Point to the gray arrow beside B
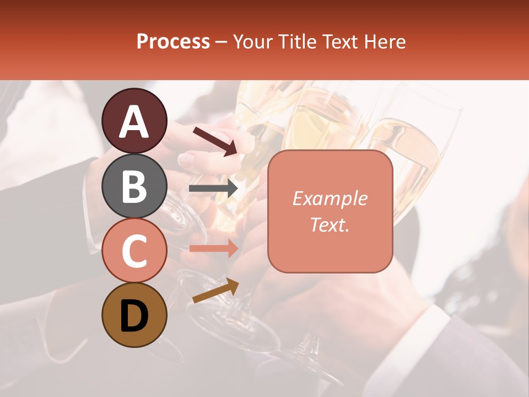(213, 189)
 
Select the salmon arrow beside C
(213, 248)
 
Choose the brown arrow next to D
(215, 291)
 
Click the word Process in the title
(173, 42)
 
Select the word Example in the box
(330, 198)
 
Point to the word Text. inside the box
(330, 224)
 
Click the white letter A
(134, 122)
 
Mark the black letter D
(134, 316)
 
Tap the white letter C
(134, 251)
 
